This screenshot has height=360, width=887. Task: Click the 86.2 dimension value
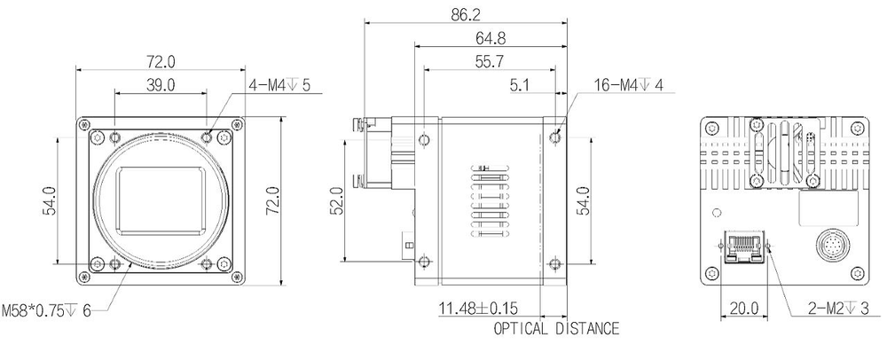click(x=466, y=14)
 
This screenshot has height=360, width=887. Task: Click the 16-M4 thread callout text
click(x=615, y=85)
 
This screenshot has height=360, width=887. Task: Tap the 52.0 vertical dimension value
click(x=335, y=200)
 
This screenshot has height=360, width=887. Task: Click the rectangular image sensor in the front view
click(x=165, y=199)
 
